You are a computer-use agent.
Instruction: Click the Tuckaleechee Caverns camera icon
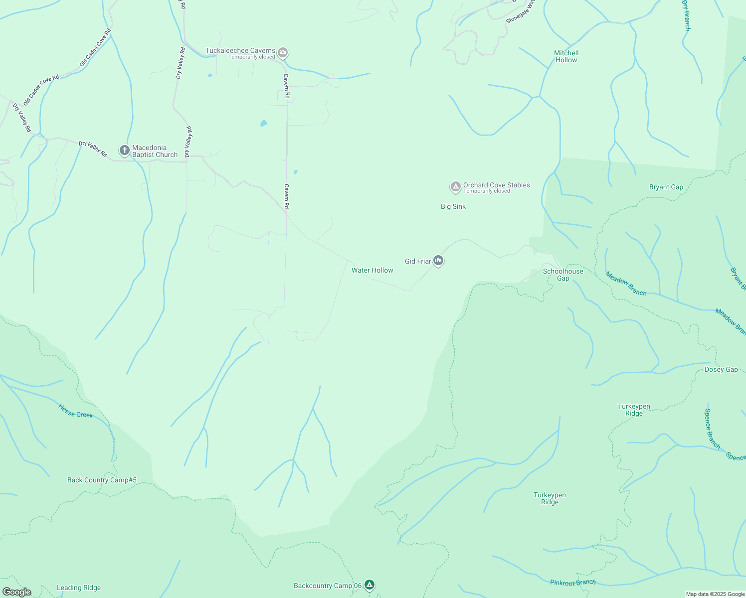click(x=283, y=53)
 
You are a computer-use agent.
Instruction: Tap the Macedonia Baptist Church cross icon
click(x=124, y=150)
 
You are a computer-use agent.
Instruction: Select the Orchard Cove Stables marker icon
click(x=455, y=187)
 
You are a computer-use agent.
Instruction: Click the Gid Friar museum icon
click(x=438, y=261)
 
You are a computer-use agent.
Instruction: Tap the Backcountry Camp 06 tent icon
click(x=369, y=585)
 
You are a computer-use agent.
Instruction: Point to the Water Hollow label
click(x=372, y=270)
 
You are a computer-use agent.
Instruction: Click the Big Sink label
click(x=453, y=206)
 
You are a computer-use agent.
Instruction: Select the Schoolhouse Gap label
click(x=563, y=275)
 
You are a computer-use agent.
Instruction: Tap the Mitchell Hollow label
click(x=566, y=56)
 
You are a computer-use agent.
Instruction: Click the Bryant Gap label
click(x=666, y=187)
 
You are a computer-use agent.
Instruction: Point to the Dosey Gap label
click(x=721, y=369)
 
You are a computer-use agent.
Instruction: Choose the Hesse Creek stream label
click(x=76, y=411)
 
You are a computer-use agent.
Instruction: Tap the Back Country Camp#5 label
click(x=102, y=480)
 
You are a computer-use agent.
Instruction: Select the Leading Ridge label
click(x=78, y=588)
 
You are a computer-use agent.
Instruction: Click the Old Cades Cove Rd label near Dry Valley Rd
click(x=41, y=90)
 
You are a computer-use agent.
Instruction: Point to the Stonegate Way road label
click(x=520, y=12)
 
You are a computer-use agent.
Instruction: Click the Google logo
click(x=16, y=592)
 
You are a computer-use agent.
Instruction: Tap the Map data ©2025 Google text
click(x=715, y=594)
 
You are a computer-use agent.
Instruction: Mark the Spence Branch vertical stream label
click(x=712, y=429)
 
